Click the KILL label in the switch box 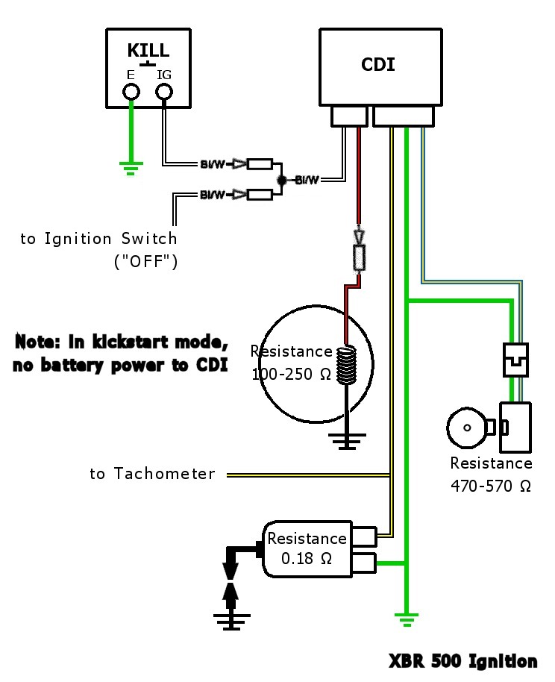(x=148, y=51)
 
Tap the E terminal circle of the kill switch (x=131, y=92)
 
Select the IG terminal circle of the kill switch (x=164, y=92)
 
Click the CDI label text (x=377, y=64)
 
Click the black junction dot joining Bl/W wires (x=282, y=180)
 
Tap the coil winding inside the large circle (x=346, y=365)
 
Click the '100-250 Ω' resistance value (x=291, y=375)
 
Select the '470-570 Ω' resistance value (x=491, y=486)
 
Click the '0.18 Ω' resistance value (x=307, y=558)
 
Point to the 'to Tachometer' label (x=152, y=474)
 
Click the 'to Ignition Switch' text (x=98, y=240)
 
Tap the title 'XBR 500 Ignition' (x=462, y=661)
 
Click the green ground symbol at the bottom (x=407, y=617)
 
